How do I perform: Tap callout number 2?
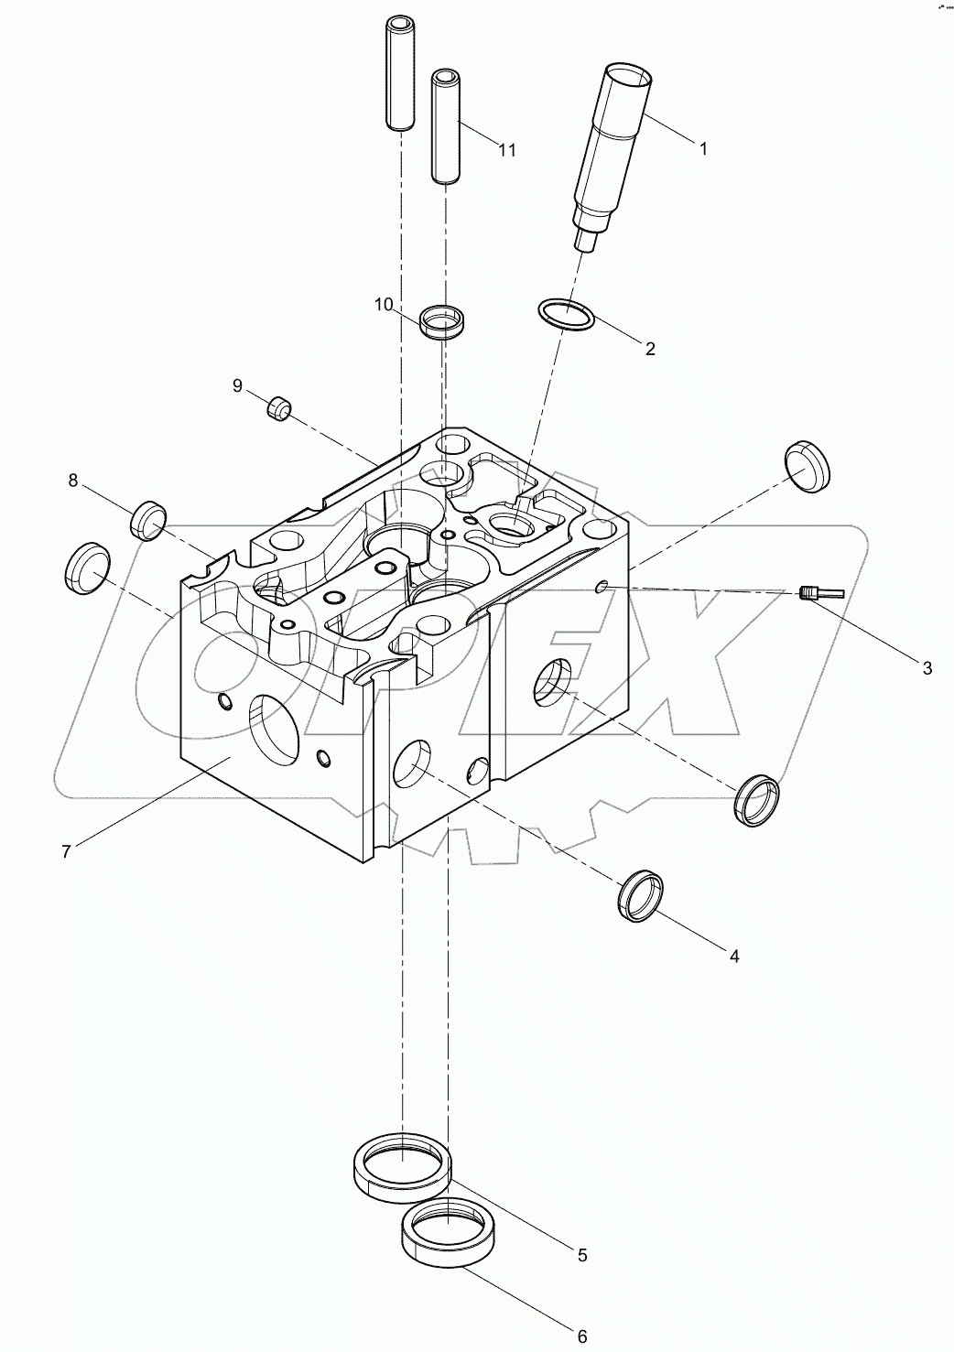(x=650, y=349)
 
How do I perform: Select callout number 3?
(x=927, y=669)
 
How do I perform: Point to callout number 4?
(x=733, y=957)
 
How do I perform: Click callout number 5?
(x=581, y=1256)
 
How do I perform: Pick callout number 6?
(x=581, y=1336)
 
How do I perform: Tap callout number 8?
(x=72, y=480)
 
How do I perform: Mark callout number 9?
(x=237, y=386)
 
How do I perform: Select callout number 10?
(x=383, y=304)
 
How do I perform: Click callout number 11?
(x=506, y=150)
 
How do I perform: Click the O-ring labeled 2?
(x=566, y=316)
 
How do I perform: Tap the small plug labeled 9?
(x=278, y=407)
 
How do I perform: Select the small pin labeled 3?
(x=820, y=594)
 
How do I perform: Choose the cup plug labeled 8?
(x=148, y=520)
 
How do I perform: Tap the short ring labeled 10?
(x=443, y=323)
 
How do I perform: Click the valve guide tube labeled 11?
(x=446, y=128)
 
